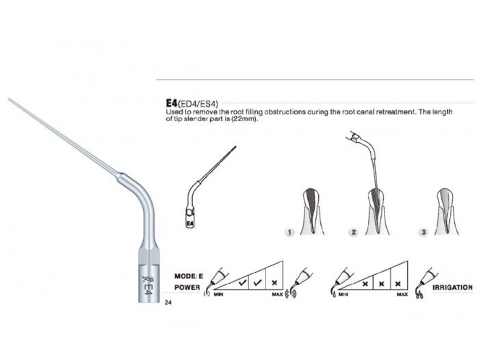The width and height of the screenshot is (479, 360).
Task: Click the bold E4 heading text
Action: pyautogui.click(x=172, y=103)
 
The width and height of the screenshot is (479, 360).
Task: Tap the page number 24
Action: pyautogui.click(x=168, y=303)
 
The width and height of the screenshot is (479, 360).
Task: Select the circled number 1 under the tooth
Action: pyautogui.click(x=289, y=232)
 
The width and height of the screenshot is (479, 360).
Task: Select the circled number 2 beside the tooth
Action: pyautogui.click(x=354, y=232)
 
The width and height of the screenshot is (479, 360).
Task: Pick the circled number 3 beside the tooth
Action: pyautogui.click(x=424, y=232)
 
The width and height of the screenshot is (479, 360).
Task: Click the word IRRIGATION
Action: pyautogui.click(x=452, y=287)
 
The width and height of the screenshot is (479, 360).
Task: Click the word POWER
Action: pyautogui.click(x=187, y=287)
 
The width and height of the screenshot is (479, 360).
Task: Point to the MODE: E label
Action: pyautogui.click(x=188, y=277)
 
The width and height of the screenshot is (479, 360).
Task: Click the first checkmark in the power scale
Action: pyautogui.click(x=242, y=283)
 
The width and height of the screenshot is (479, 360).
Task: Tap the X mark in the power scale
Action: pyautogui.click(x=274, y=283)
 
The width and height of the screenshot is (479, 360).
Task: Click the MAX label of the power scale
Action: pyautogui.click(x=277, y=294)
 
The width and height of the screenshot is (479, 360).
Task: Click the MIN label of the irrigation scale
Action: pyautogui.click(x=344, y=294)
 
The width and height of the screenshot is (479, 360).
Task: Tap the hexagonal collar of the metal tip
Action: pyautogui.click(x=148, y=255)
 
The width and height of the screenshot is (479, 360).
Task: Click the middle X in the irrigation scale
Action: pyautogui.click(x=382, y=284)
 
